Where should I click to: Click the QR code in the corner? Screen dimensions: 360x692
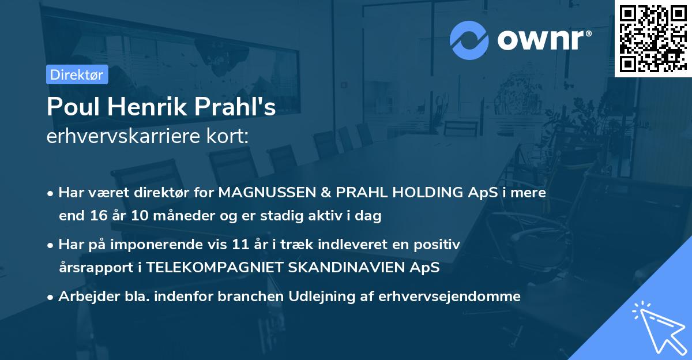click(652, 38)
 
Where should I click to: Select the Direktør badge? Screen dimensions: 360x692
click(77, 74)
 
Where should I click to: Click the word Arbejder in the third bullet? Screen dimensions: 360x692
click(84, 297)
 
